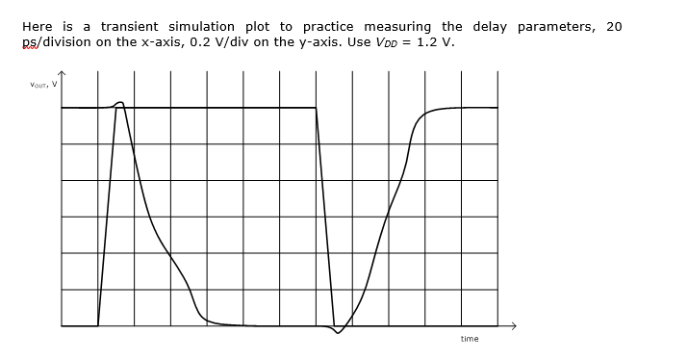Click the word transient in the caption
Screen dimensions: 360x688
click(128, 26)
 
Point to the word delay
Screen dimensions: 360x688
click(491, 26)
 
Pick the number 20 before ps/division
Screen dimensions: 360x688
click(613, 26)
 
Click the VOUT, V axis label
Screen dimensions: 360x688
click(44, 85)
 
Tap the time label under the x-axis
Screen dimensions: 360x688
click(470, 339)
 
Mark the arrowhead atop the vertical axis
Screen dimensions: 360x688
click(63, 73)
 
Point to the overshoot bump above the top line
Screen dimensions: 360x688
click(120, 102)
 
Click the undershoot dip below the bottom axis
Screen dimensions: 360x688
click(337, 332)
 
